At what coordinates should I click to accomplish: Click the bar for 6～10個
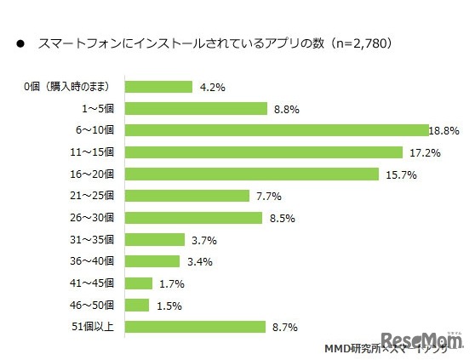click(276, 129)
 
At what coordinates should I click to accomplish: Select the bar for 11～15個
click(263, 151)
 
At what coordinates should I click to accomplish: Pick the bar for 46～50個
click(137, 305)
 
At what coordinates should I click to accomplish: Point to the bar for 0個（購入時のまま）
click(158, 86)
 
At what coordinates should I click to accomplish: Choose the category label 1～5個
click(99, 108)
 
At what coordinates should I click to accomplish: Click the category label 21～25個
click(95, 196)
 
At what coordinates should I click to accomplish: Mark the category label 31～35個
click(95, 239)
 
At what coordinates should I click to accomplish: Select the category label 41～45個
click(95, 283)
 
